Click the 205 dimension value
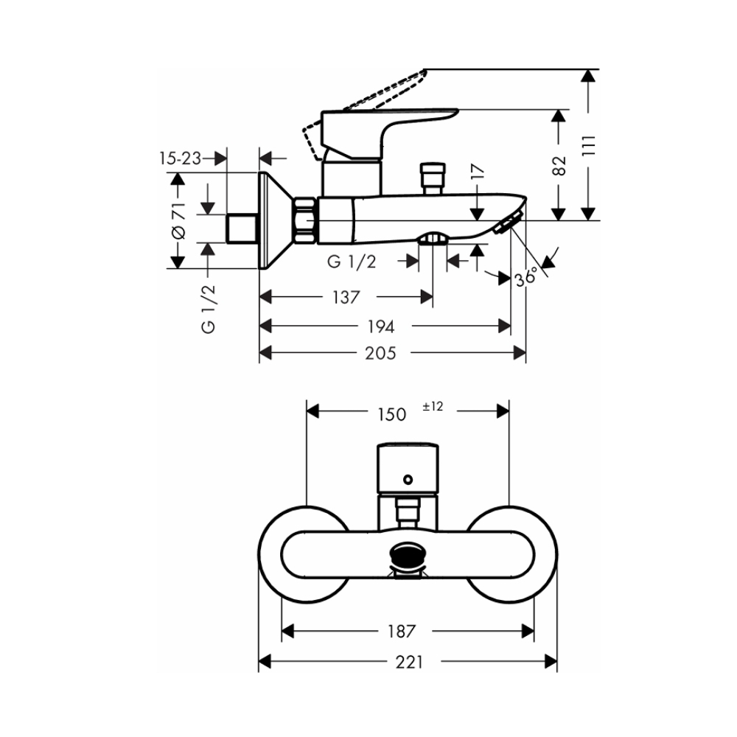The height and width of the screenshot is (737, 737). (381, 353)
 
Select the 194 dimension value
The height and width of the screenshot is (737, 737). (381, 326)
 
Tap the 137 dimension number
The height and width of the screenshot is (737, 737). (345, 297)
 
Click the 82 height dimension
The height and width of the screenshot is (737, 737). (559, 166)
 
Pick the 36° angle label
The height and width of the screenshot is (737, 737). (526, 279)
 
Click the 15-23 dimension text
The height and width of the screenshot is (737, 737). (180, 158)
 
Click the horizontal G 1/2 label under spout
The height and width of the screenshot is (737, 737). (352, 261)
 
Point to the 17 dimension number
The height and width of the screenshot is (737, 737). (478, 173)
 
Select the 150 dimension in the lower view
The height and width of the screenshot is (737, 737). (391, 414)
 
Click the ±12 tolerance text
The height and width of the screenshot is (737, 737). (433, 406)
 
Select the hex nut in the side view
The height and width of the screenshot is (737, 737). (305, 220)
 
